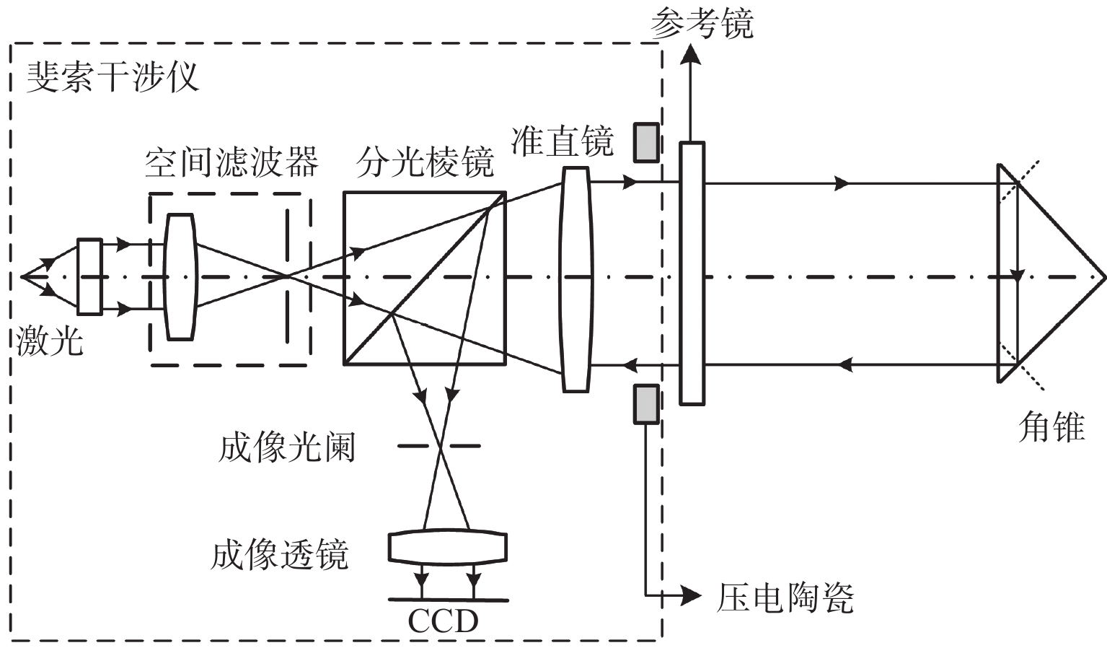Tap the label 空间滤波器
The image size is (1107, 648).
(x=231, y=163)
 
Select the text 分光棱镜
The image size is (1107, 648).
(x=425, y=164)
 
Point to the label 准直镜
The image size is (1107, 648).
(x=562, y=141)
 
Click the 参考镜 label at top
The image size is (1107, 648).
(x=701, y=25)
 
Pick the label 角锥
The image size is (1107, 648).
(x=1051, y=427)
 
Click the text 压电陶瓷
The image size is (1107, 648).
(x=785, y=597)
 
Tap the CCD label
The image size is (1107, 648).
(x=443, y=621)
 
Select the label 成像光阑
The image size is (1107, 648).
(x=286, y=448)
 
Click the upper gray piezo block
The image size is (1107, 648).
(x=646, y=142)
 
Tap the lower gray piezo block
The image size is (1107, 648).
(x=646, y=403)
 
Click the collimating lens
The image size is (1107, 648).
(x=575, y=279)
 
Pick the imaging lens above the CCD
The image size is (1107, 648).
(x=447, y=547)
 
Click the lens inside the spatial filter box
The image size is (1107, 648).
(x=180, y=276)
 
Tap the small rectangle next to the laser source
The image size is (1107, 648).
(x=89, y=276)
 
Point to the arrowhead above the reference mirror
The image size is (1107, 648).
(x=692, y=54)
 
